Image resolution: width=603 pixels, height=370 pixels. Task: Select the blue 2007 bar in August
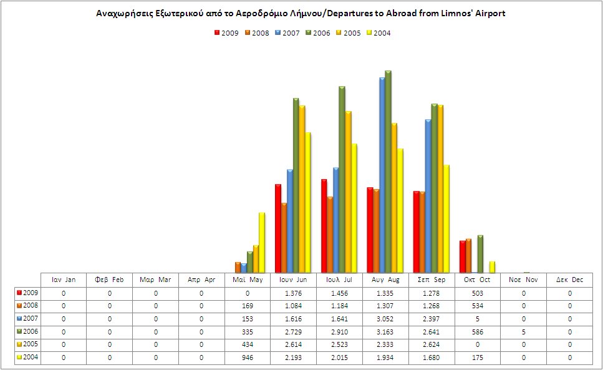tap(382, 175)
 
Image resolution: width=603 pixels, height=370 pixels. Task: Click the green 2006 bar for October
tap(480, 254)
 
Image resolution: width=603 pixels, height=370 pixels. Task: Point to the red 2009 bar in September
tap(417, 231)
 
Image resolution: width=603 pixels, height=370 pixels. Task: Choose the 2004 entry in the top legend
tap(377, 33)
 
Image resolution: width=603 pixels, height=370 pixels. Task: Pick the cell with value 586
tap(478, 333)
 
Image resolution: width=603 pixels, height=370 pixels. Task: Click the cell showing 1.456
tap(339, 293)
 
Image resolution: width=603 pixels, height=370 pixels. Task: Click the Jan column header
tap(64, 280)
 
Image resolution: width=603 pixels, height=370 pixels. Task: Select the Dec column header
tap(569, 280)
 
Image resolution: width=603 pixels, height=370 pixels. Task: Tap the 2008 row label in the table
tap(28, 306)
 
